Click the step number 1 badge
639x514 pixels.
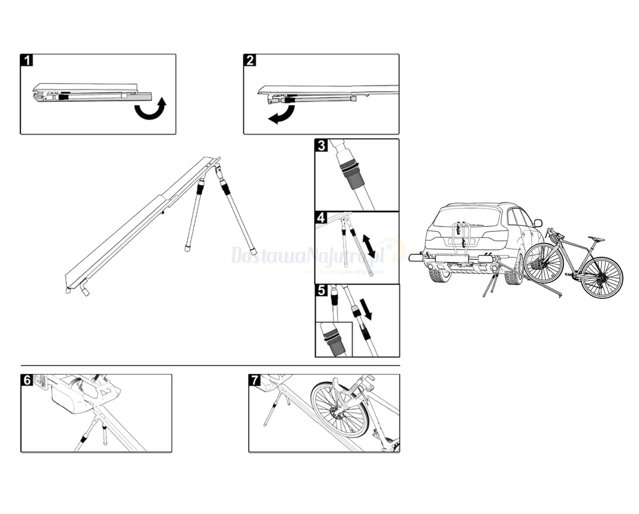[27, 60]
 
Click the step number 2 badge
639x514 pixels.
[250, 60]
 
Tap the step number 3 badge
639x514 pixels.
[321, 145]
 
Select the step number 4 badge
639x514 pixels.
[321, 218]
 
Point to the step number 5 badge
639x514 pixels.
[321, 290]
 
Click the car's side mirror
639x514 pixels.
[538, 223]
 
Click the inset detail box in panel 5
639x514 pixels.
[334, 340]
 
